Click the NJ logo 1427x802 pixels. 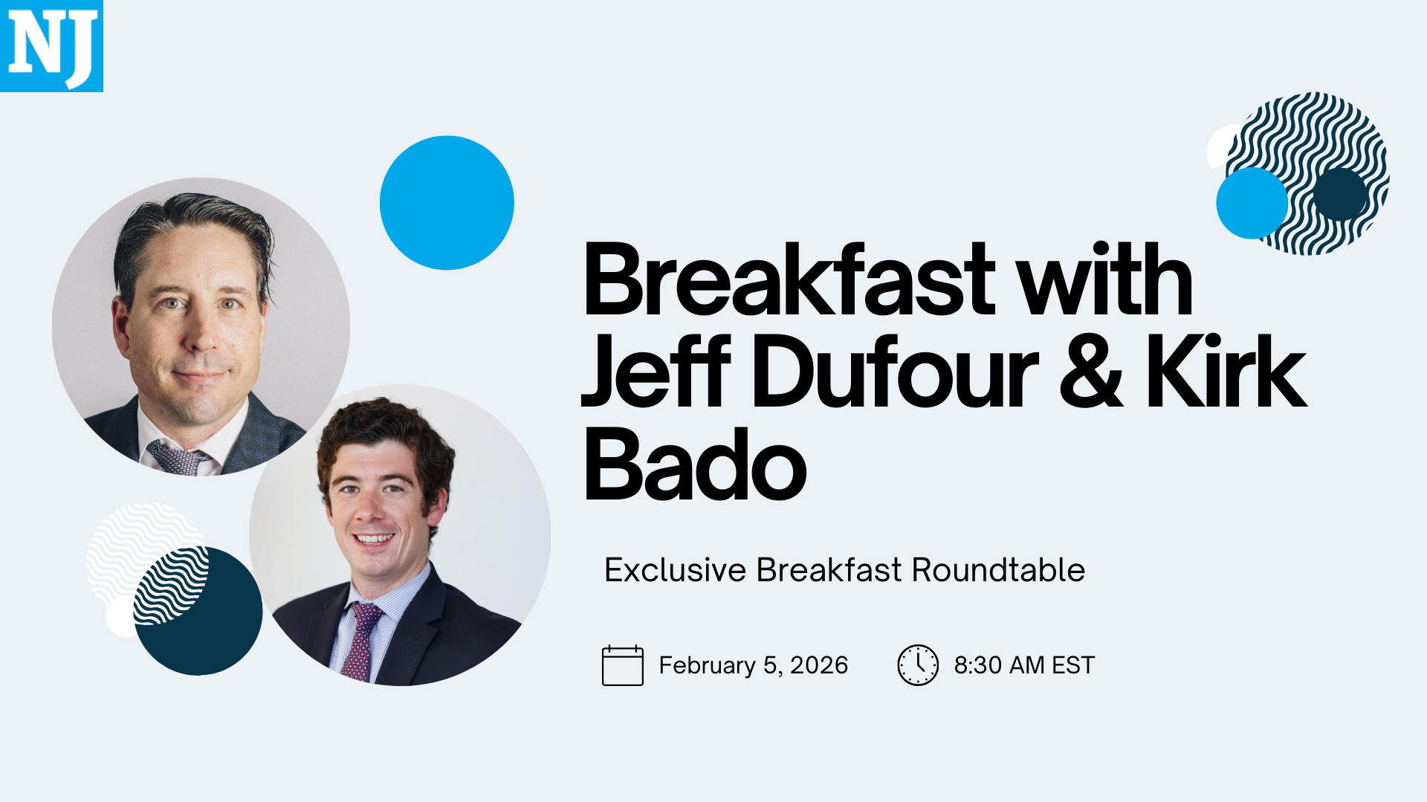coord(51,45)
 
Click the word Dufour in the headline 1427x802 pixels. coord(895,372)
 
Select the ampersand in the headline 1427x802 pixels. coord(1090,372)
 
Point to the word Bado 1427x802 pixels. coord(695,464)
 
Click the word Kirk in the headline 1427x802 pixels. coord(1226,371)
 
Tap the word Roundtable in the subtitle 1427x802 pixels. coord(998,570)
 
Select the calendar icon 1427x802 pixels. coord(623,665)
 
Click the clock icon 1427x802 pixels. coord(918,665)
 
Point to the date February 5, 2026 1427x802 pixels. coord(754,665)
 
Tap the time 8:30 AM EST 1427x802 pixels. coord(1024,665)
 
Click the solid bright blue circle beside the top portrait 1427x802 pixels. coord(447,203)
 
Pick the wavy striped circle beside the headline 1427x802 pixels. coord(1307,173)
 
